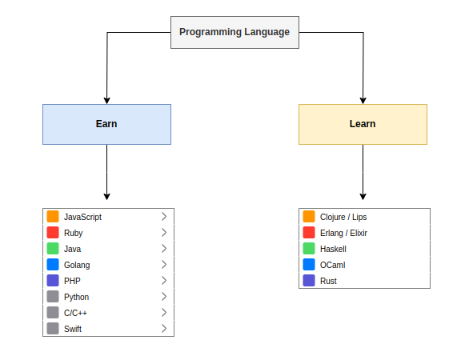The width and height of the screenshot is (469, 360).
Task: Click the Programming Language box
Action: tap(234, 32)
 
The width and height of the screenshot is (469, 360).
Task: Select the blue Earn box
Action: tap(106, 124)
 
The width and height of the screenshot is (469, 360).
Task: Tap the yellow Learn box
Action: tap(363, 124)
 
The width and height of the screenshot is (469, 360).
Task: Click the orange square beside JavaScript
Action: tap(53, 217)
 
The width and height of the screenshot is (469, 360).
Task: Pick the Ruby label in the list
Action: tap(74, 233)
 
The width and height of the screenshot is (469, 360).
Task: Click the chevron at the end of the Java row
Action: tap(163, 249)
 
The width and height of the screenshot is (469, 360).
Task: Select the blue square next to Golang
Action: tap(53, 265)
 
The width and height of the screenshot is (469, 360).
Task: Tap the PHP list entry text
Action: tap(72, 281)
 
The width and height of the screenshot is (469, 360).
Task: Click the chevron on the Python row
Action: tap(163, 297)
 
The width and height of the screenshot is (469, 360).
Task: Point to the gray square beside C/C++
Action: tap(53, 313)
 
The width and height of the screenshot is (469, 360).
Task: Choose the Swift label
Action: tap(73, 329)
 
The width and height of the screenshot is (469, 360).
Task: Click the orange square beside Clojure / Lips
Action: tap(309, 217)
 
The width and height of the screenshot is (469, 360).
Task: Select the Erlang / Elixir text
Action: tap(343, 233)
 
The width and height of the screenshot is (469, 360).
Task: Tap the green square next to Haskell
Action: tap(309, 249)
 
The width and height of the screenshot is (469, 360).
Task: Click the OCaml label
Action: tap(332, 265)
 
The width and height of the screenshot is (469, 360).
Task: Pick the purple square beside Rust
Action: tap(309, 281)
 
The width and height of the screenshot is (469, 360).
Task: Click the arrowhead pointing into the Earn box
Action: tap(106, 100)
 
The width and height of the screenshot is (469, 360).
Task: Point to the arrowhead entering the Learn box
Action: tap(363, 100)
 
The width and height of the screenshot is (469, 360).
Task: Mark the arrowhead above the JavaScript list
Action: tap(106, 196)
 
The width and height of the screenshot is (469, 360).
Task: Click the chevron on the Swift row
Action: tap(163, 329)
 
